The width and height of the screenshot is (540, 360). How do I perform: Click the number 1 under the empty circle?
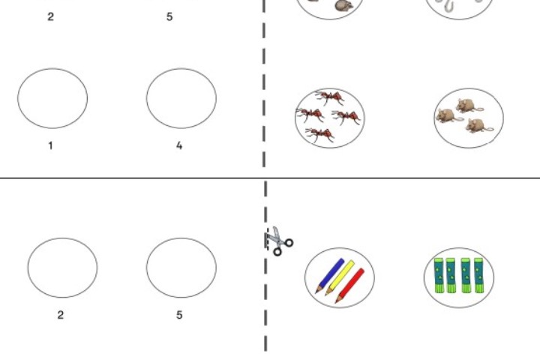click(51, 145)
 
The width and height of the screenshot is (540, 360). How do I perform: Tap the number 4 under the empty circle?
click(179, 145)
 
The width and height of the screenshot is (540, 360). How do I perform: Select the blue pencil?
click(329, 276)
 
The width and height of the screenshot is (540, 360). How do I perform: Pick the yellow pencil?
click(340, 278)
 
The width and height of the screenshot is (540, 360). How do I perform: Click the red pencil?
click(349, 286)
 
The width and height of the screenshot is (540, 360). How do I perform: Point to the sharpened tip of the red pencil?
click(336, 303)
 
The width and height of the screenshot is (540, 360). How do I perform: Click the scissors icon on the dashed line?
click(279, 241)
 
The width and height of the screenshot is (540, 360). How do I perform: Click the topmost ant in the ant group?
click(329, 97)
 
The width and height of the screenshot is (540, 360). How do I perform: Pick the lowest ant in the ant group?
click(320, 134)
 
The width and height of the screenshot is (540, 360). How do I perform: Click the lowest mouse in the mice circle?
click(478, 126)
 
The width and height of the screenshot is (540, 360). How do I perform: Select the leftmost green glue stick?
click(439, 275)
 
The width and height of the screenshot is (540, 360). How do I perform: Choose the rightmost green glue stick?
click(478, 275)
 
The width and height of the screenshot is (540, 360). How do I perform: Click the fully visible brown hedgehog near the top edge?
click(343, 6)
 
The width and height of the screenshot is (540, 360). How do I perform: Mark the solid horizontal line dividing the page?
click(270, 178)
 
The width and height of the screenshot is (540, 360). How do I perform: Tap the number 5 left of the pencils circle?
click(179, 315)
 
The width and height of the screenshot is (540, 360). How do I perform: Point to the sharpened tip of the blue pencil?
click(316, 292)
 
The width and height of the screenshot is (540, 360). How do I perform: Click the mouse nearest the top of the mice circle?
click(469, 106)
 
